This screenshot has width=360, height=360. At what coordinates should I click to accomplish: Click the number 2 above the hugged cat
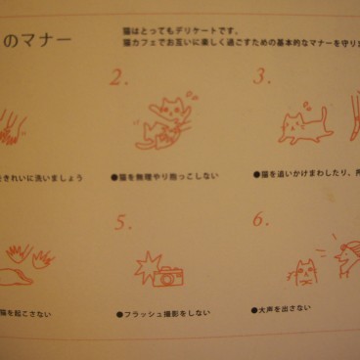click(119, 79)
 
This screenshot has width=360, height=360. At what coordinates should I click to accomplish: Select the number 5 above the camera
click(122, 223)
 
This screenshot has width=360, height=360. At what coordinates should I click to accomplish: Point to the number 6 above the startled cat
click(260, 219)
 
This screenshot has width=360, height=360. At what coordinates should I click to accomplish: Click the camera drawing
click(168, 276)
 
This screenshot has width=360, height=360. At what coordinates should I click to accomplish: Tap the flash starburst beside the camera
click(146, 265)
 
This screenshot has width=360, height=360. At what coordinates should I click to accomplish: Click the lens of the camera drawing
click(169, 279)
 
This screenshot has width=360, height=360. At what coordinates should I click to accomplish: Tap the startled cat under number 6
click(303, 274)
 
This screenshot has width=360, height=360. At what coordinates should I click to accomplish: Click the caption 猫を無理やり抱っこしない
click(168, 176)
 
